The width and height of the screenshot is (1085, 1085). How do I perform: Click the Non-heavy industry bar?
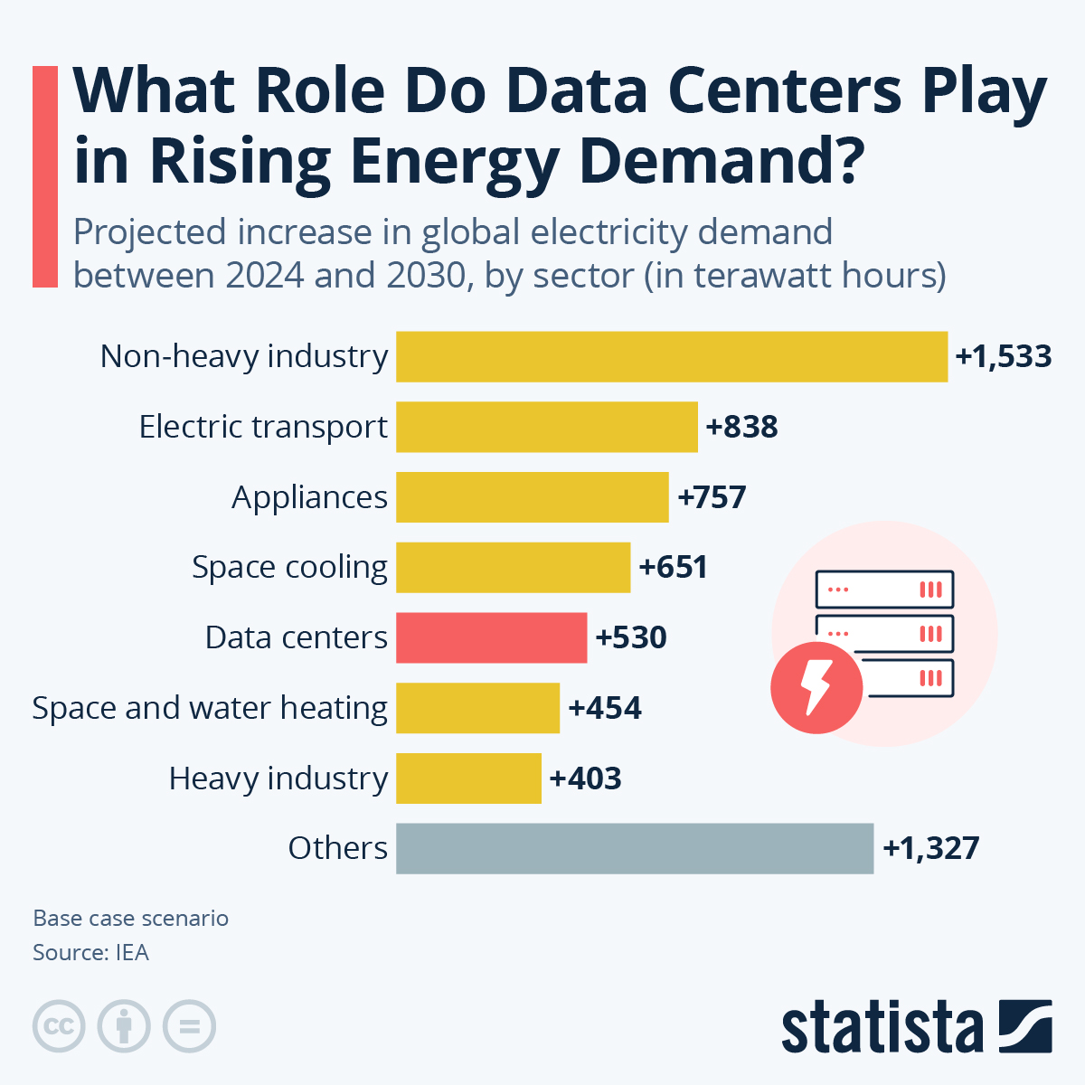click(x=672, y=356)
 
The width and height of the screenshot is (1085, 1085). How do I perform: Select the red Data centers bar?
click(x=491, y=637)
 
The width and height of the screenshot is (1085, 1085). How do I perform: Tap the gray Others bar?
click(x=635, y=848)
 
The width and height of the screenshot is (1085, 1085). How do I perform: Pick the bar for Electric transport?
click(x=547, y=427)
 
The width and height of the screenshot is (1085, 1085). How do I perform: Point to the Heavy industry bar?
click(x=468, y=778)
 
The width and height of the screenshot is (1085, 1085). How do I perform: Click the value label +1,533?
click(x=1004, y=356)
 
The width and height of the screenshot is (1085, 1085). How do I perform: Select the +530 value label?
click(x=631, y=637)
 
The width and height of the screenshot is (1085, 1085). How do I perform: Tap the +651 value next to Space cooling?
click(x=673, y=567)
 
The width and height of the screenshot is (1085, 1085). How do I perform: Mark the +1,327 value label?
click(x=930, y=848)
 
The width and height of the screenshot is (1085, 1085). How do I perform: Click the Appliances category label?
click(x=309, y=497)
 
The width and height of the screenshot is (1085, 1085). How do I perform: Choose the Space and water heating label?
click(x=210, y=708)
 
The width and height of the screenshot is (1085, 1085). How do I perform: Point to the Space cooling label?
click(x=289, y=567)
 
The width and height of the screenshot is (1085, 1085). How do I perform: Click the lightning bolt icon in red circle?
click(x=816, y=687)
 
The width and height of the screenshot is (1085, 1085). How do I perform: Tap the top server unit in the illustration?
click(x=884, y=590)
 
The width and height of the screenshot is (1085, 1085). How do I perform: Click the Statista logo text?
click(x=882, y=1027)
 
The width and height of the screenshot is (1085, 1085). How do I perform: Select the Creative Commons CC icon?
click(x=59, y=1026)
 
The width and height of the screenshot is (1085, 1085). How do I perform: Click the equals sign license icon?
click(x=189, y=1026)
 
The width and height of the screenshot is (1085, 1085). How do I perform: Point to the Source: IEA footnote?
click(x=90, y=953)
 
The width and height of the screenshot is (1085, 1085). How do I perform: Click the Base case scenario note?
click(x=130, y=919)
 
